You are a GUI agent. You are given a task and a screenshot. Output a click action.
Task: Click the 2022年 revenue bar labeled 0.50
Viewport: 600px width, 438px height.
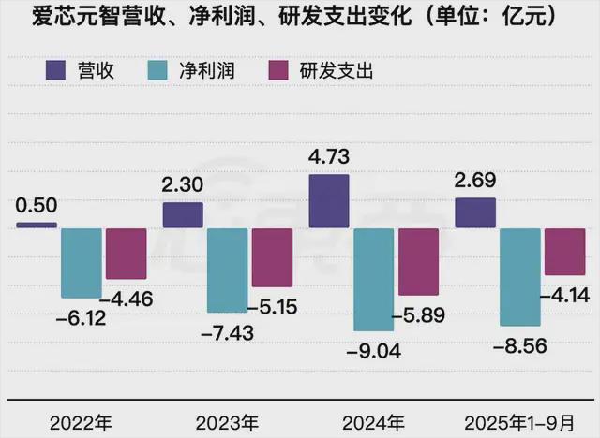point(37,225)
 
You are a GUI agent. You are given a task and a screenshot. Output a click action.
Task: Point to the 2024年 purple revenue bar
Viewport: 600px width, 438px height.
point(328,201)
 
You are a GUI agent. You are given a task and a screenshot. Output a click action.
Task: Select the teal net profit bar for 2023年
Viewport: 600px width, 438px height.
point(227,270)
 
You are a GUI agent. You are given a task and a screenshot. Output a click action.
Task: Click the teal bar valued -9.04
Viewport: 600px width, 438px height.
point(372,279)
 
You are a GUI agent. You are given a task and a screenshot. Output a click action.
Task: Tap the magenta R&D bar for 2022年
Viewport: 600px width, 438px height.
point(126,254)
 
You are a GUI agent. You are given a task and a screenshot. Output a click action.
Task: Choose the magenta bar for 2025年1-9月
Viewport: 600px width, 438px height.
point(565,252)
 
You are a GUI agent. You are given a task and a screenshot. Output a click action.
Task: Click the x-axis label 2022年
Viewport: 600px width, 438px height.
point(81,417)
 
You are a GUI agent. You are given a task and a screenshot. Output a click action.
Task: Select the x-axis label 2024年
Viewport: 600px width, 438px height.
point(373,417)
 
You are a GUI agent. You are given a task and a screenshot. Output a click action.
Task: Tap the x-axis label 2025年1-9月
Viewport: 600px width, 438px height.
point(520,417)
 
